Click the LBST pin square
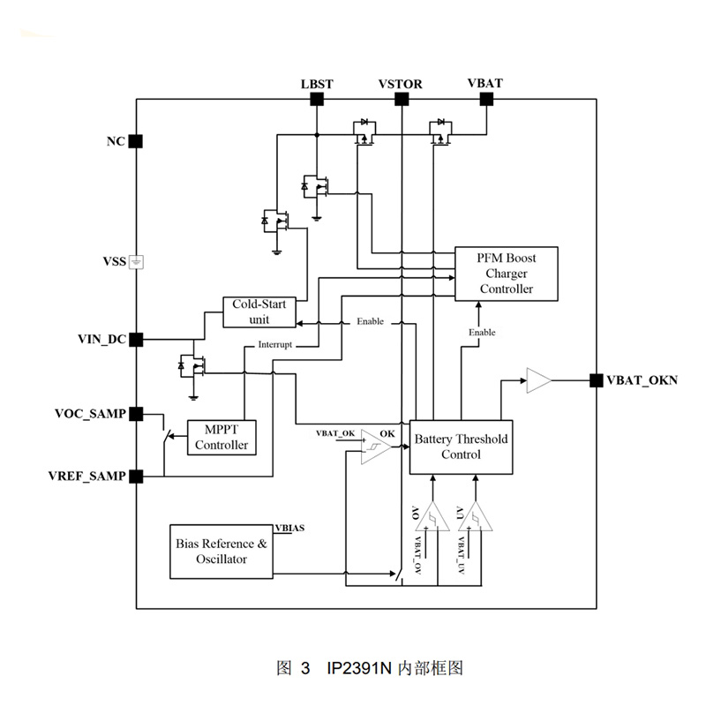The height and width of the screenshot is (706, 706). (x=316, y=100)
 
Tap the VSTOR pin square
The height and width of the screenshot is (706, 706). (x=401, y=100)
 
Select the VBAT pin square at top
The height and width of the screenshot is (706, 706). (x=485, y=100)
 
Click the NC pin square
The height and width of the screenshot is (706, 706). (x=136, y=141)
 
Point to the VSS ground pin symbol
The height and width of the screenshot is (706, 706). (x=136, y=261)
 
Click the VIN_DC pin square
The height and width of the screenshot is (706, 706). (x=136, y=338)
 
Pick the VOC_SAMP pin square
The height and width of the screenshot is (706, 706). (x=136, y=413)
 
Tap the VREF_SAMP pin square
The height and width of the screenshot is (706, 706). (x=136, y=477)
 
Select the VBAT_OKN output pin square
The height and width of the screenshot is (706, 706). (x=596, y=381)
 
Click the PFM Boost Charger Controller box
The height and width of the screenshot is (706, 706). (x=507, y=274)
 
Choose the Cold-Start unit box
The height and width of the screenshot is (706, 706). (x=259, y=312)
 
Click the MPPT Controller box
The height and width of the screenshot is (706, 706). (x=222, y=437)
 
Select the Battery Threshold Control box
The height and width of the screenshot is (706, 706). (x=461, y=447)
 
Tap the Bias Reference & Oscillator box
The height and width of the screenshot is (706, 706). (x=221, y=552)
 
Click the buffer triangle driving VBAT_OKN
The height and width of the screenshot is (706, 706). (x=537, y=381)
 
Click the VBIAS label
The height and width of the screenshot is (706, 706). (x=290, y=528)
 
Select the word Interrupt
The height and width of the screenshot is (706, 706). (x=274, y=345)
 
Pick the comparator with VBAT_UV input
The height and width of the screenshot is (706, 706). (x=475, y=515)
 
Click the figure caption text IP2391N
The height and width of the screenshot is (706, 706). (x=352, y=668)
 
